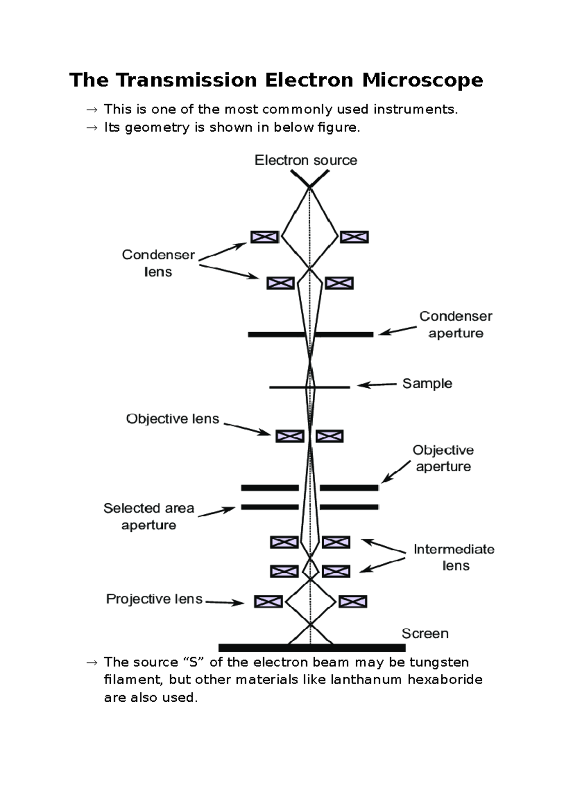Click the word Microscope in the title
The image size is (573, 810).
point(422,80)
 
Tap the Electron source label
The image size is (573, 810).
point(306,160)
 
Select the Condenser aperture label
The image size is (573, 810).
point(456,325)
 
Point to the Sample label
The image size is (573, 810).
point(427,384)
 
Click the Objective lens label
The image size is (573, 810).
point(172,419)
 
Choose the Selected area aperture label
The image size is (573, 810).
point(149,517)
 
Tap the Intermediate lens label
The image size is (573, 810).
point(454,557)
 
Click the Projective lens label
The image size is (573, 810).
point(154,599)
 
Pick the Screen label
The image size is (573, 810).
point(425,633)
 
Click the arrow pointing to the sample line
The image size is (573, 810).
point(377,384)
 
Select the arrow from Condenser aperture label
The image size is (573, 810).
point(398,331)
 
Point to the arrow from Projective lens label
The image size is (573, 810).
point(224,602)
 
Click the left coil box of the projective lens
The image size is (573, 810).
point(268,602)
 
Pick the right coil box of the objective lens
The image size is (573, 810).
point(329,436)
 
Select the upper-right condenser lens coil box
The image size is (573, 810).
point(354,237)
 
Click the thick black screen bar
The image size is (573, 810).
point(312,648)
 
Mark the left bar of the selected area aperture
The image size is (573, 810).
point(270,507)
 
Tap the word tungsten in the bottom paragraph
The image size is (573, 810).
point(439,662)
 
